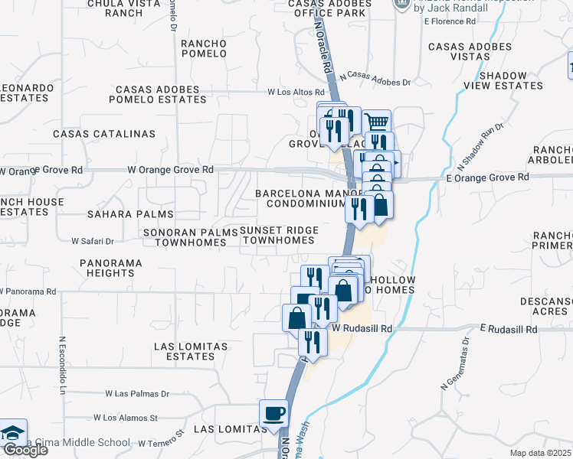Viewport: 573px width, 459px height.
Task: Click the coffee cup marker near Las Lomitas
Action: [274, 415]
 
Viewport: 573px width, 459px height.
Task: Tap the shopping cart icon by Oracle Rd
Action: [376, 122]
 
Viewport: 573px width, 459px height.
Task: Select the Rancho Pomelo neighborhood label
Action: [204, 49]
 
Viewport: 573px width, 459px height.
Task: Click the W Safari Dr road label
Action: [93, 241]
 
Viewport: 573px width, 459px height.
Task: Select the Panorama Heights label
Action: [110, 268]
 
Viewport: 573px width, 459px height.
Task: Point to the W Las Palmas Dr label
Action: [137, 394]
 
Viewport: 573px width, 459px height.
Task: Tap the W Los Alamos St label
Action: [126, 418]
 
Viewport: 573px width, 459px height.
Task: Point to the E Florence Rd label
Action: [450, 21]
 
